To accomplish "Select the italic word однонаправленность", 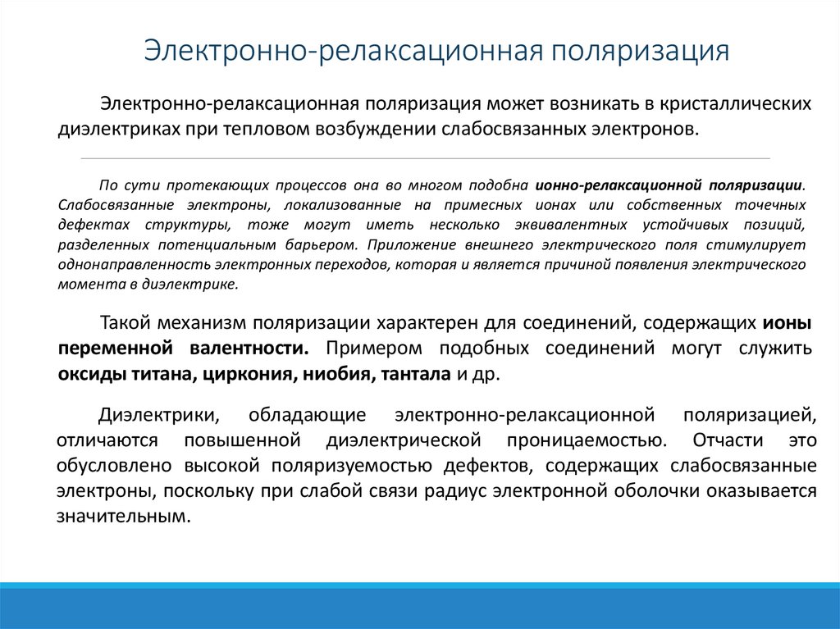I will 134,265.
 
